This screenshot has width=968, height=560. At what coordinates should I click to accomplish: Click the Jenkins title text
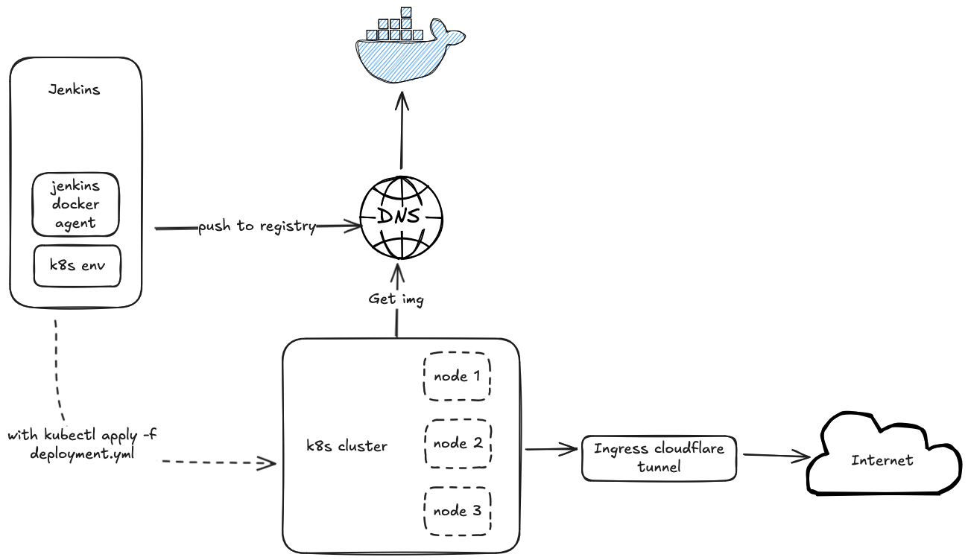pyautogui.click(x=75, y=90)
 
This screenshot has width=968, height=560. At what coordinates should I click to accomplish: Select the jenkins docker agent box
pyautogui.click(x=75, y=203)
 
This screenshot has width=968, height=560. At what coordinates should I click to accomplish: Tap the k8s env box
pyautogui.click(x=77, y=265)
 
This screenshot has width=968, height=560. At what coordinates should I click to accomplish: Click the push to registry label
pyautogui.click(x=256, y=226)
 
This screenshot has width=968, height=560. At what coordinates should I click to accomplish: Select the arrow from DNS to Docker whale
pyautogui.click(x=401, y=130)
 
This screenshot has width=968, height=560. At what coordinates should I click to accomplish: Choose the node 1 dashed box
pyautogui.click(x=457, y=376)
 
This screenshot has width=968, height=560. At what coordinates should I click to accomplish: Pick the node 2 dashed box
pyautogui.click(x=458, y=443)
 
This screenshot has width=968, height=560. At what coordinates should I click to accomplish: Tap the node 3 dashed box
pyautogui.click(x=458, y=511)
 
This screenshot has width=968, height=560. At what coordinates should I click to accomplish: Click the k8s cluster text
pyautogui.click(x=347, y=446)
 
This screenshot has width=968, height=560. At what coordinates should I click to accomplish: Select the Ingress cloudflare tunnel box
pyautogui.click(x=658, y=458)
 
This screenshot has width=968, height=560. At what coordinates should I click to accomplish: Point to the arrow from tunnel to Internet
pyautogui.click(x=775, y=455)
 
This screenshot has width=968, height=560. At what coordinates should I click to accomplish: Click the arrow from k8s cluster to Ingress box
pyautogui.click(x=551, y=449)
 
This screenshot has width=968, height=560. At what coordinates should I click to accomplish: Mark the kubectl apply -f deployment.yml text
pyautogui.click(x=82, y=445)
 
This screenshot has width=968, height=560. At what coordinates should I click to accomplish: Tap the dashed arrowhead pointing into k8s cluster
pyautogui.click(x=267, y=463)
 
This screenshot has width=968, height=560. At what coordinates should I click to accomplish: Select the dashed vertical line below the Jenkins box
pyautogui.click(x=56, y=365)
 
